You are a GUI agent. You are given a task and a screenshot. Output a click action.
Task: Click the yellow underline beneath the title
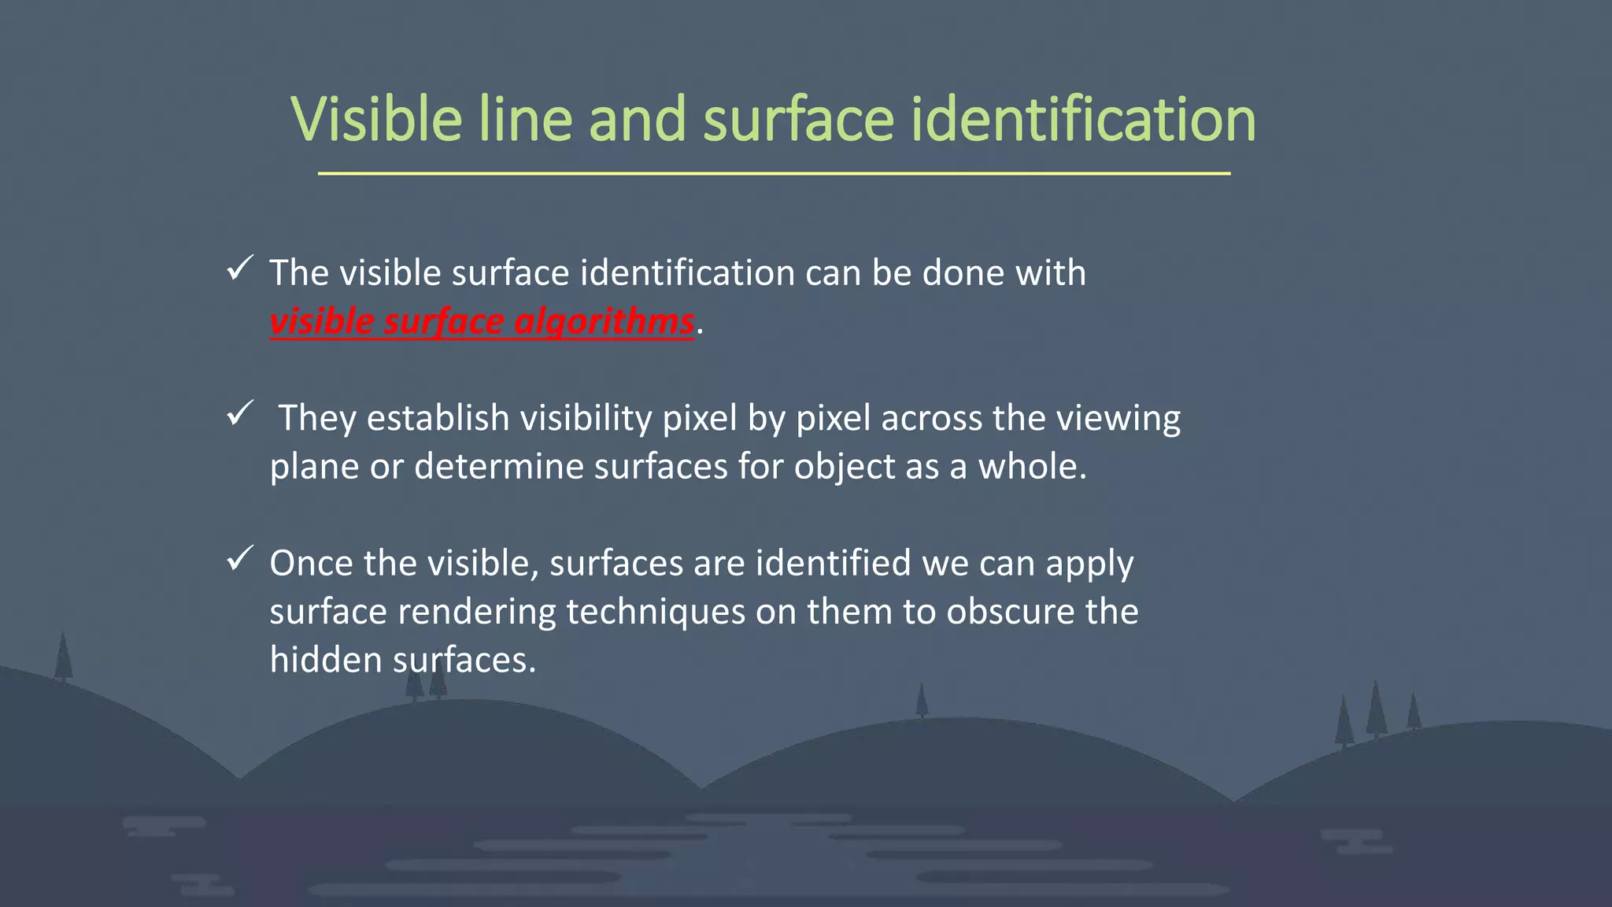pyautogui.click(x=774, y=173)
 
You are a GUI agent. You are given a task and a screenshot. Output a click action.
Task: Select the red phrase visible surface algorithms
pyautogui.click(x=482, y=322)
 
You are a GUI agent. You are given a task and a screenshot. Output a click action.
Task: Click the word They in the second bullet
pyautogui.click(x=317, y=418)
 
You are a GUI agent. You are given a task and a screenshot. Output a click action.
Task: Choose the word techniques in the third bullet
pyautogui.click(x=655, y=612)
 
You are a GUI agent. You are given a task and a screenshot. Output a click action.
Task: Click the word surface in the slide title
pyautogui.click(x=798, y=120)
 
